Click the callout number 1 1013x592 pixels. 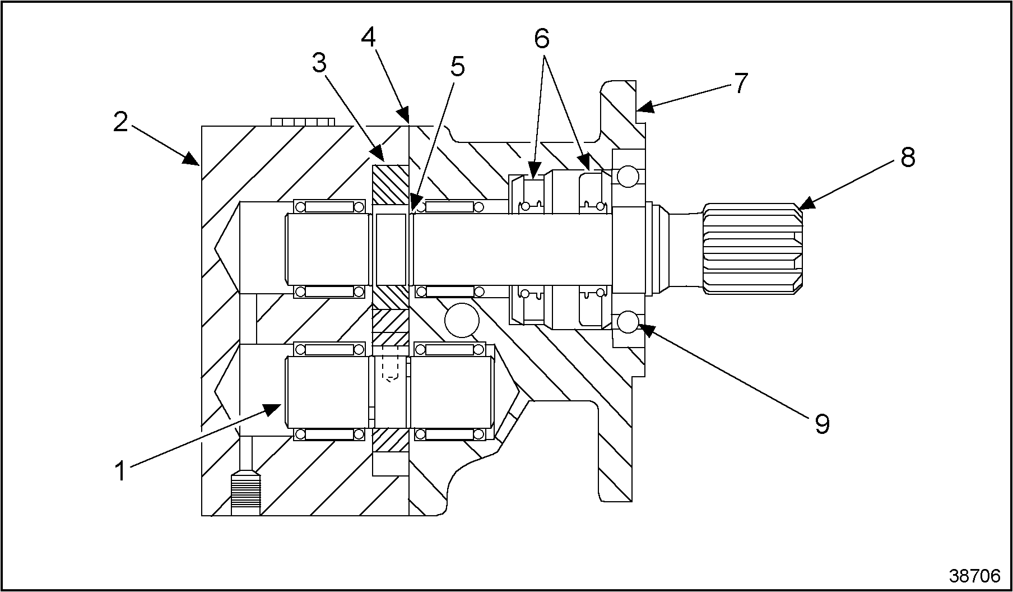[120, 470]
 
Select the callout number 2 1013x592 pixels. [120, 122]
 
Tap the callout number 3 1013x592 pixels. [319, 63]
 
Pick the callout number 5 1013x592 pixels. [457, 67]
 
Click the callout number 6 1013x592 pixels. [541, 38]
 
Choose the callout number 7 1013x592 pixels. [740, 83]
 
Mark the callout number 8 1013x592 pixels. [908, 158]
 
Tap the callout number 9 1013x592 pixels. [821, 424]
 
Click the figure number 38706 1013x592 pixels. [974, 576]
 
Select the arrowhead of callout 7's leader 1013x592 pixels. [644, 107]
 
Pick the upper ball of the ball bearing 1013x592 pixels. [626, 177]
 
